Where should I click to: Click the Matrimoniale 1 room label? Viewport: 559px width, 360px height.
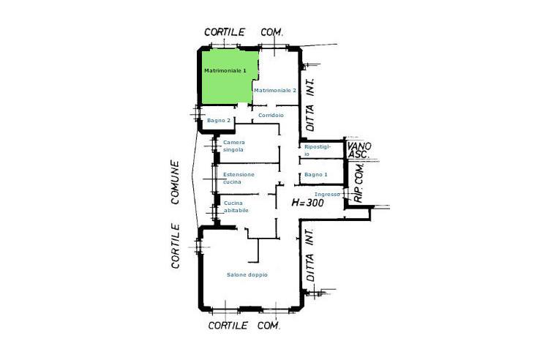click(225, 70)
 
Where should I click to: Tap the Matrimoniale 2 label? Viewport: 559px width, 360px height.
click(275, 91)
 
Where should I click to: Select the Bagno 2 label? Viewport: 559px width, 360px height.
click(219, 121)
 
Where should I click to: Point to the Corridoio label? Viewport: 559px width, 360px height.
click(271, 116)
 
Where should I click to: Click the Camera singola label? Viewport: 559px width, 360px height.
click(234, 146)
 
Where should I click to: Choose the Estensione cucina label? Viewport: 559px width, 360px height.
click(239, 179)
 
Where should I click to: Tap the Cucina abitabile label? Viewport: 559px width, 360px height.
click(236, 207)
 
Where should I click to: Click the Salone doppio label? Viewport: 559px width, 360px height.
click(247, 275)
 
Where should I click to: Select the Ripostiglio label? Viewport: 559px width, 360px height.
click(318, 151)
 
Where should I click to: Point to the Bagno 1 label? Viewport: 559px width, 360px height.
click(316, 175)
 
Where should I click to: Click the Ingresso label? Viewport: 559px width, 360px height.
click(327, 195)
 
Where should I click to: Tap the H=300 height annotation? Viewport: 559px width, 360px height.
click(307, 203)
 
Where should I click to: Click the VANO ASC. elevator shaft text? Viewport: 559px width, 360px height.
click(359, 151)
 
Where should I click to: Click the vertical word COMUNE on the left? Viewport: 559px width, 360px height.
click(175, 182)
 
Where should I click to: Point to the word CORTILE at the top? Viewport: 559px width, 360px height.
click(225, 32)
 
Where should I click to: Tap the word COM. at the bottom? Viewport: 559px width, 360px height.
click(269, 326)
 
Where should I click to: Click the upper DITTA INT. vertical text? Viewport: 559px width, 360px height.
click(310, 105)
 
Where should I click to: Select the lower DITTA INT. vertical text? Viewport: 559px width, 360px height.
click(309, 255)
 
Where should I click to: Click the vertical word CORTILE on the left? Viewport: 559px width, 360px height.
click(175, 246)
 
